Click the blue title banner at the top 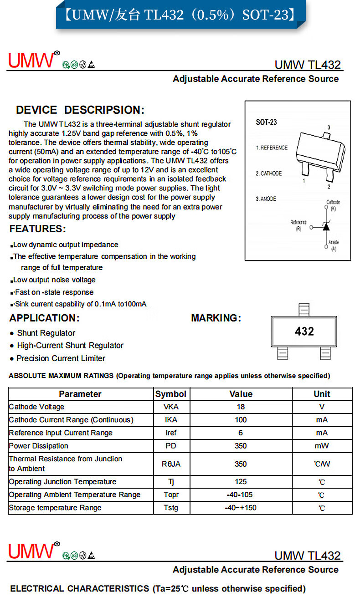(x=180, y=15)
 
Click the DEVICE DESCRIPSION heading (x=80, y=110)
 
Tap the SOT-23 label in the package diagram (x=266, y=122)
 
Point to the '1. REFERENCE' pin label (x=272, y=148)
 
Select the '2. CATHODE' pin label (x=269, y=173)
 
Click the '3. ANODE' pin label (x=266, y=199)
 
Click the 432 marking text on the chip (x=304, y=331)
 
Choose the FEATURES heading (x=38, y=229)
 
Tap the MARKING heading (x=216, y=318)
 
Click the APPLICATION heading (x=45, y=318)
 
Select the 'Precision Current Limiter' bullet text (x=61, y=358)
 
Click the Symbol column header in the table (x=171, y=394)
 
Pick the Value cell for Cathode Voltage (x=241, y=407)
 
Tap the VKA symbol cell (x=171, y=407)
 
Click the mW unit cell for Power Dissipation (x=322, y=446)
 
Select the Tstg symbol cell (x=171, y=508)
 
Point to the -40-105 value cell (x=241, y=495)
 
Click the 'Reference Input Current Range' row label (x=61, y=433)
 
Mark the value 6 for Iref (x=241, y=433)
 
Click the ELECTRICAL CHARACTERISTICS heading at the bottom (x=158, y=588)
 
